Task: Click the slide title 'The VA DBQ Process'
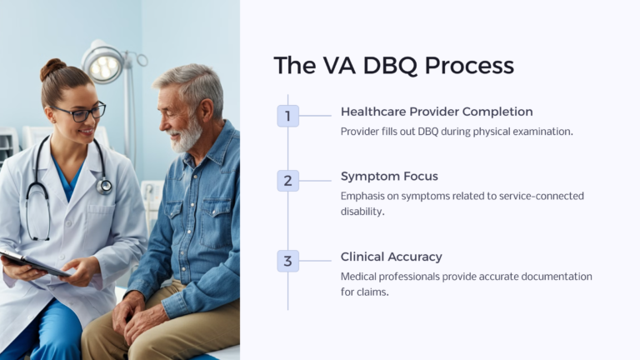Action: (393, 65)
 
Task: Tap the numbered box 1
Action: (287, 116)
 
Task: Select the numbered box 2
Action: (287, 180)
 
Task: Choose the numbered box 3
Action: (287, 261)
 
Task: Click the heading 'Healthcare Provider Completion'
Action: (437, 112)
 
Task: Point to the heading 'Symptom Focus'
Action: (389, 176)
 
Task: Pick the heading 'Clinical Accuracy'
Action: (391, 257)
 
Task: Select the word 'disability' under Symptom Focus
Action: (362, 212)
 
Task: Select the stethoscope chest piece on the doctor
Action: (103, 185)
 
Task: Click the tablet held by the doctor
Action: (33, 263)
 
